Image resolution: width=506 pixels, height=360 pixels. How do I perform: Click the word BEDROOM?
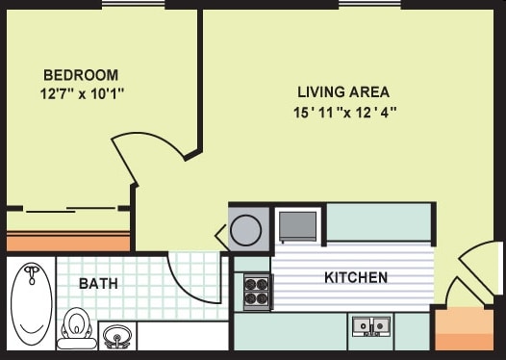point(81,75)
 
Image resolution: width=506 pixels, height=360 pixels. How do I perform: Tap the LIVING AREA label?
point(342,92)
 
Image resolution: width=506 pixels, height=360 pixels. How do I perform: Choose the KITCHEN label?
point(356,278)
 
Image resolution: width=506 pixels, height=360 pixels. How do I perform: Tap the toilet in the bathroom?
point(76,327)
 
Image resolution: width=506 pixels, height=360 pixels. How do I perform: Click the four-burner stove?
point(257,291)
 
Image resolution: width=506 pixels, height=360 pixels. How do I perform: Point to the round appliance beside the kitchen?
point(246,231)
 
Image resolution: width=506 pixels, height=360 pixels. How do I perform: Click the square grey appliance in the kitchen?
point(297,225)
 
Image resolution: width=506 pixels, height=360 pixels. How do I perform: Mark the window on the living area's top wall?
point(369,4)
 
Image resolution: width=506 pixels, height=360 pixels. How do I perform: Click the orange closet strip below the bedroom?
point(68,241)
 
